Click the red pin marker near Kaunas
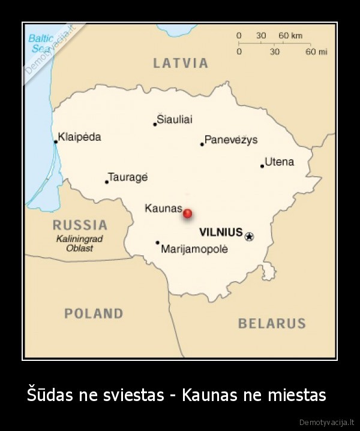click(187, 213)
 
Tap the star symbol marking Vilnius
click(249, 236)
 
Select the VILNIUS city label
click(221, 232)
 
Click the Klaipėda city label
click(80, 137)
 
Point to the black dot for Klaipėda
click(56, 142)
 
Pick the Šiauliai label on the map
click(175, 119)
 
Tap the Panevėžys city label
click(231, 140)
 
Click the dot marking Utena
click(262, 166)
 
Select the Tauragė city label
click(128, 177)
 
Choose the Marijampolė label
click(194, 249)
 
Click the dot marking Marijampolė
click(157, 243)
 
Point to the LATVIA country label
click(181, 63)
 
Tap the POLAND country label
click(94, 313)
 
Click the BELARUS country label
click(272, 324)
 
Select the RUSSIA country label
click(80, 225)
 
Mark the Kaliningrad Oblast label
click(79, 243)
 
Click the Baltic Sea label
click(41, 43)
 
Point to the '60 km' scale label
click(291, 36)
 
